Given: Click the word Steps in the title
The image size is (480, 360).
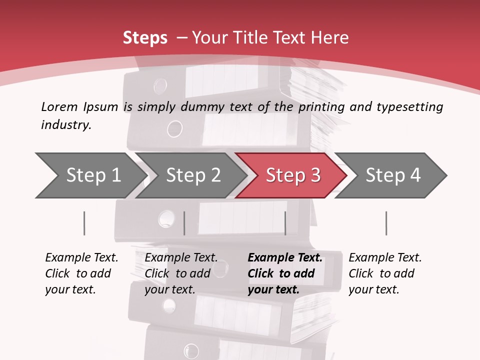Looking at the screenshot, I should coord(145,38).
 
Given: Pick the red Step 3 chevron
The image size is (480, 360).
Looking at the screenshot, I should coord(293,175).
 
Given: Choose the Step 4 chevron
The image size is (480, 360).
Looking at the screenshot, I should coord(393,175).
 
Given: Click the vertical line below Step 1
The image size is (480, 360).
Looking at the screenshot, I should coord(84,223).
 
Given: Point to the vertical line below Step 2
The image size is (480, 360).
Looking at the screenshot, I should coord(184,223).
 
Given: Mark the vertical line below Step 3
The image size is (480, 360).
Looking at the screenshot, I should coord(285,223).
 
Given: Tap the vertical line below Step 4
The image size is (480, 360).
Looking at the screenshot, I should coord(386,223).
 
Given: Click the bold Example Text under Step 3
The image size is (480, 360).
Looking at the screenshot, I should coord(285,258).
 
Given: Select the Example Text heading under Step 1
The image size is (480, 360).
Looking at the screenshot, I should coord(81,258).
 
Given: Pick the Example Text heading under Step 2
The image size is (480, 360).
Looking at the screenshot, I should coord(181,258).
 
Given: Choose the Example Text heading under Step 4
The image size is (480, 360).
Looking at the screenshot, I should coord(385,258).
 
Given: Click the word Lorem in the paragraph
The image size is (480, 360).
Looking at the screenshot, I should coord(59,106).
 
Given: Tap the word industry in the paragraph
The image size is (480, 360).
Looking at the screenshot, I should coord(66,125).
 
